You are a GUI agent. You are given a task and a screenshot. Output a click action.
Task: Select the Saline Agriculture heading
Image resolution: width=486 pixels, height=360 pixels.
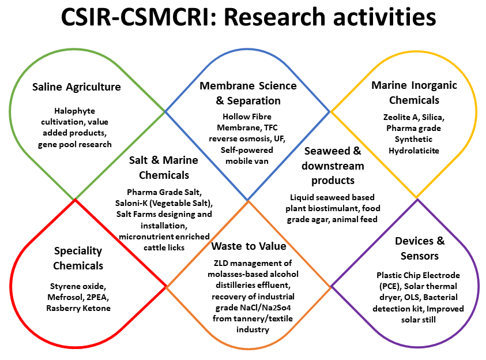[77, 87]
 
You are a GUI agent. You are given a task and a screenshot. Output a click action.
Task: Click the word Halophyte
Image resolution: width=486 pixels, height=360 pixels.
[75, 111]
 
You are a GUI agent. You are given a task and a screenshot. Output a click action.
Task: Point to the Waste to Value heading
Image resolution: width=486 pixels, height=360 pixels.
[249, 246]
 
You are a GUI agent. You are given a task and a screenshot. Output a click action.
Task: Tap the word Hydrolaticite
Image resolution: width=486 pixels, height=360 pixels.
[414, 151]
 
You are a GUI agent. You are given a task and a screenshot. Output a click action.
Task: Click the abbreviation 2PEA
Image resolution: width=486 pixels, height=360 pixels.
[97, 297]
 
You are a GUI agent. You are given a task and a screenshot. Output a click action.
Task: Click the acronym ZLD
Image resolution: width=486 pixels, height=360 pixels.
[221, 263]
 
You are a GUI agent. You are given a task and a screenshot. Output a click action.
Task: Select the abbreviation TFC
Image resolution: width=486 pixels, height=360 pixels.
[270, 127]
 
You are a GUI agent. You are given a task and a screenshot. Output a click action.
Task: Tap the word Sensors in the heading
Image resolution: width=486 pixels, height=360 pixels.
[419, 256]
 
